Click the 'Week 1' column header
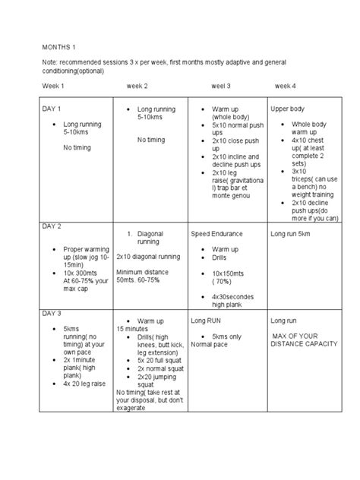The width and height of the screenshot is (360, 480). pyautogui.click(x=53, y=86)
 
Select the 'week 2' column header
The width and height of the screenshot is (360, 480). pyautogui.click(x=137, y=86)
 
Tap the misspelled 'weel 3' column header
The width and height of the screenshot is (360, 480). pyautogui.click(x=221, y=86)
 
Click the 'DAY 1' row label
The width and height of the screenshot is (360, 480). pyautogui.click(x=52, y=109)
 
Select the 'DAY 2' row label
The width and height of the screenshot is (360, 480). pyautogui.click(x=52, y=226)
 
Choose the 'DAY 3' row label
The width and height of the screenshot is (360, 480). pyautogui.click(x=52, y=313)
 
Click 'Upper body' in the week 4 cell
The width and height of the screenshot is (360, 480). pyautogui.click(x=288, y=109)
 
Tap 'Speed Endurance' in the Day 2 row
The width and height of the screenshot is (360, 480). pyautogui.click(x=217, y=234)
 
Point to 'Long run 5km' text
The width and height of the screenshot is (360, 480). pyautogui.click(x=290, y=234)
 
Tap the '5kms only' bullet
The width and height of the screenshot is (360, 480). pyautogui.click(x=227, y=336)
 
